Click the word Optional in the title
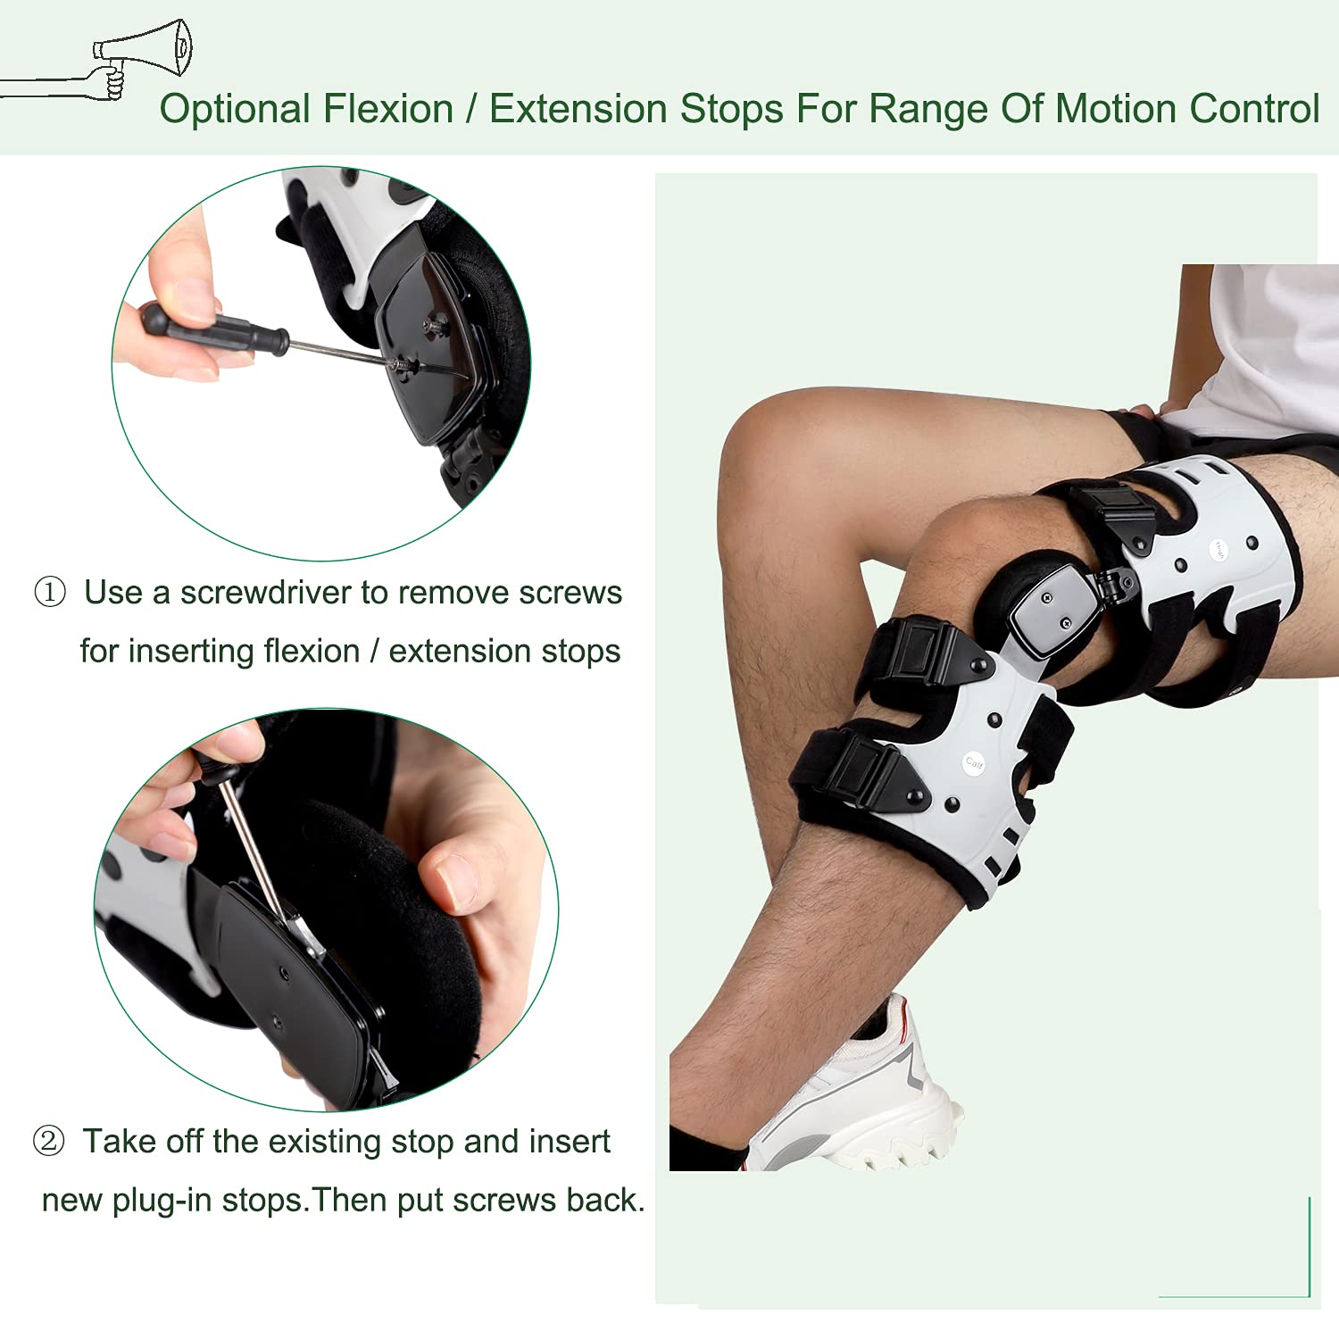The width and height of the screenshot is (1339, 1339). [235, 110]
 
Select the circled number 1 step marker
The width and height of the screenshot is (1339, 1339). [50, 592]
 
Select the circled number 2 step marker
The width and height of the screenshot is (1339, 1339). [49, 1141]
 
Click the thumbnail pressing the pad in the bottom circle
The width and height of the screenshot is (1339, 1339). [456, 880]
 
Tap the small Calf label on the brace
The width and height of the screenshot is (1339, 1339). [974, 762]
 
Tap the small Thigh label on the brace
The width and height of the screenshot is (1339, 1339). [1218, 550]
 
